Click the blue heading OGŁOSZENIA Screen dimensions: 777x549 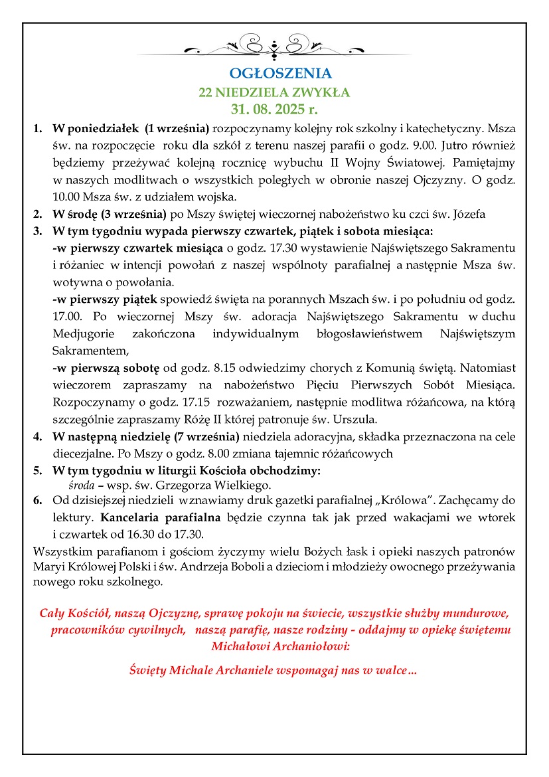(274, 73)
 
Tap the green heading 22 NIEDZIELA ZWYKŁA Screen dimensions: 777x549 (274, 92)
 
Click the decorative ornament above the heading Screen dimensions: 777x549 (274, 48)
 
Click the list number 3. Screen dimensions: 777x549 (37, 231)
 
